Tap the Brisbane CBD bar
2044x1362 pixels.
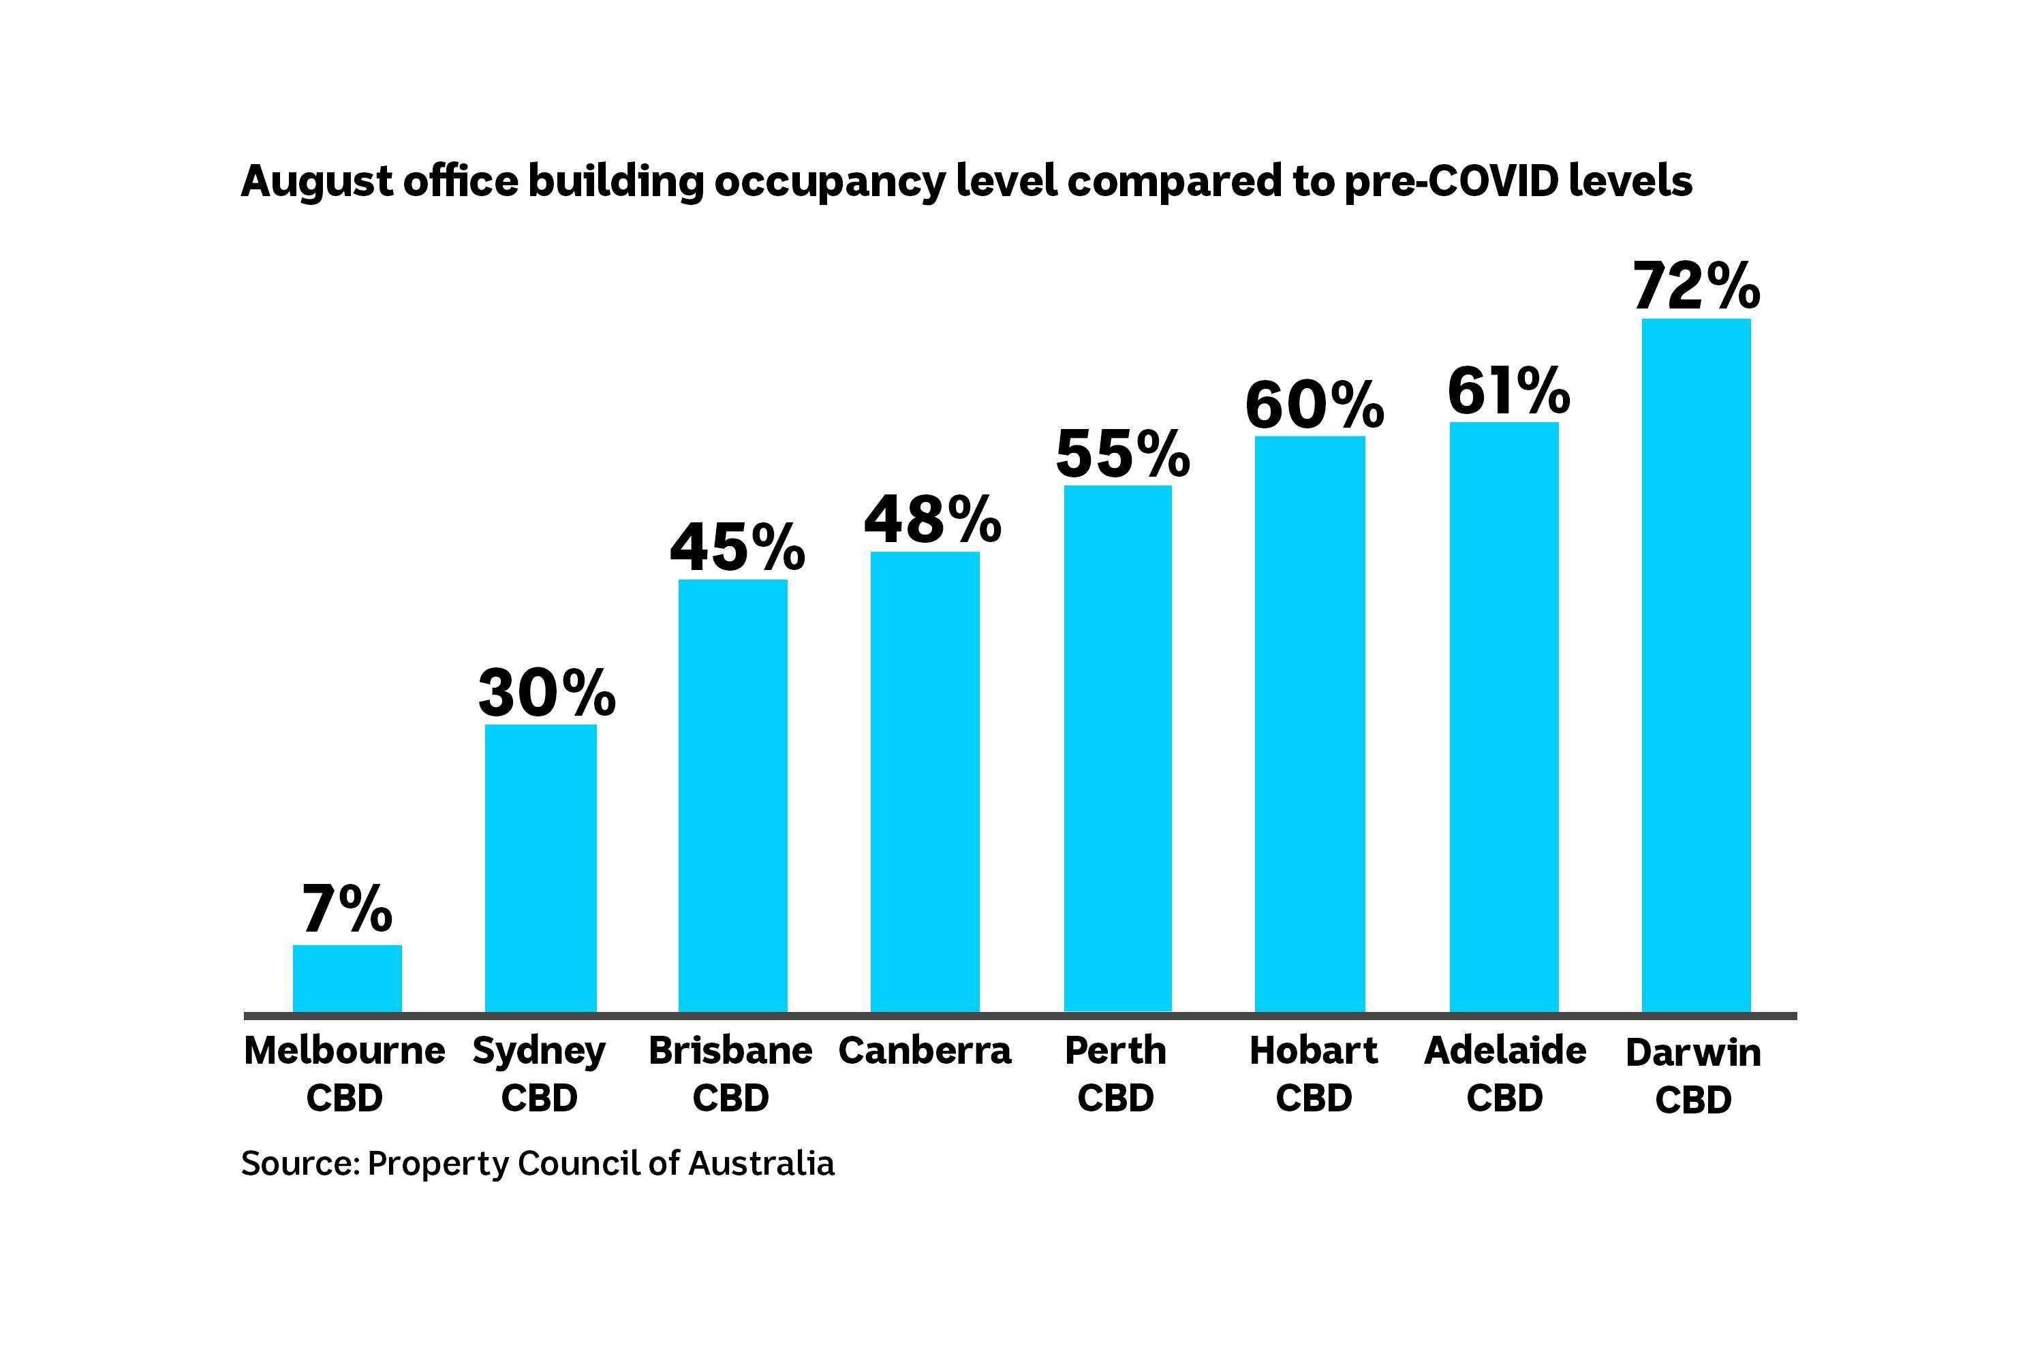pyautogui.click(x=732, y=795)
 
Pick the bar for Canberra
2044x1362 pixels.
pyautogui.click(x=925, y=781)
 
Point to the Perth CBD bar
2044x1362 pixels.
pyautogui.click(x=1117, y=748)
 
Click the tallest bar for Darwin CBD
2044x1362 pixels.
pyautogui.click(x=1696, y=665)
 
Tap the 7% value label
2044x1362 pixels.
pyautogui.click(x=347, y=908)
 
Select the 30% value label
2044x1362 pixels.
pyautogui.click(x=546, y=693)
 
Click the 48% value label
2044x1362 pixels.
pyautogui.click(x=933, y=520)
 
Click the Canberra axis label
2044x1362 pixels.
pyautogui.click(x=925, y=1051)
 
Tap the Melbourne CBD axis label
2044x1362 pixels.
pyautogui.click(x=344, y=1074)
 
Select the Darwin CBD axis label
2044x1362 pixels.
pyautogui.click(x=1693, y=1075)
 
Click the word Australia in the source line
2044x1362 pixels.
pyautogui.click(x=761, y=1163)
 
